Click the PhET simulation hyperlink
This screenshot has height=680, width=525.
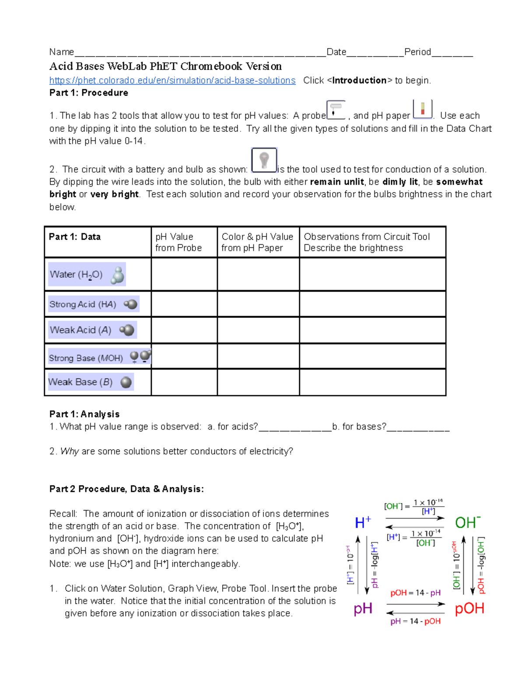(172, 81)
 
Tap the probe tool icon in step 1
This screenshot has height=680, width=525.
(336, 109)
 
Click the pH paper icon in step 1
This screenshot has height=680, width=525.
(422, 109)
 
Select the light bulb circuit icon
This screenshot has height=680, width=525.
(264, 161)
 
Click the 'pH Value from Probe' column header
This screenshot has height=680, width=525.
(178, 242)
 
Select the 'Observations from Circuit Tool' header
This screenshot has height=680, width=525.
(367, 242)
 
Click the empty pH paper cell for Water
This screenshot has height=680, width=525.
(258, 275)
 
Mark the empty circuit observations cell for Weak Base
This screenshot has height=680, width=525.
(372, 382)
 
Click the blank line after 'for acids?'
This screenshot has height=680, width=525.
(295, 427)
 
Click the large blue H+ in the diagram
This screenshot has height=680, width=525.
(363, 522)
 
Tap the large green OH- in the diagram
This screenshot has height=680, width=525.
(468, 522)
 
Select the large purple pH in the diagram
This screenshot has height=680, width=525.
(363, 608)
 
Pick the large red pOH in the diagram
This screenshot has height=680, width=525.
(469, 608)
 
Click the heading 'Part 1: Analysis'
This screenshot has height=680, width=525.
(84, 414)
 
